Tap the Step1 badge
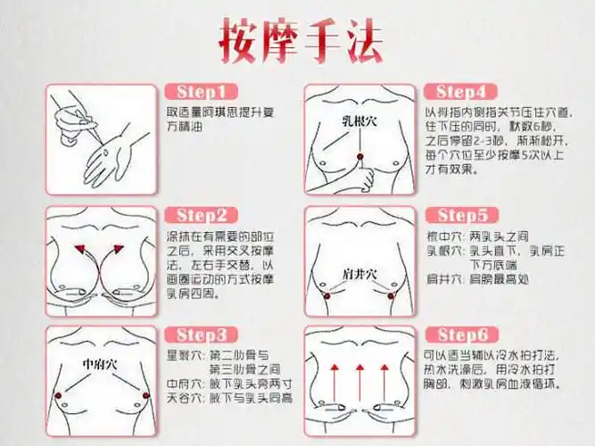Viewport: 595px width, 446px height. click(201, 93)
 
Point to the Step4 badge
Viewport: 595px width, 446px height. click(460, 92)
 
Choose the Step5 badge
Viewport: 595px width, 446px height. click(461, 216)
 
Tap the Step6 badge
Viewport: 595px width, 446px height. click(461, 335)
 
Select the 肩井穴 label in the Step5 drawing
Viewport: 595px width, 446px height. click(360, 272)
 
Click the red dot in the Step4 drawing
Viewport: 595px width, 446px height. click(359, 159)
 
